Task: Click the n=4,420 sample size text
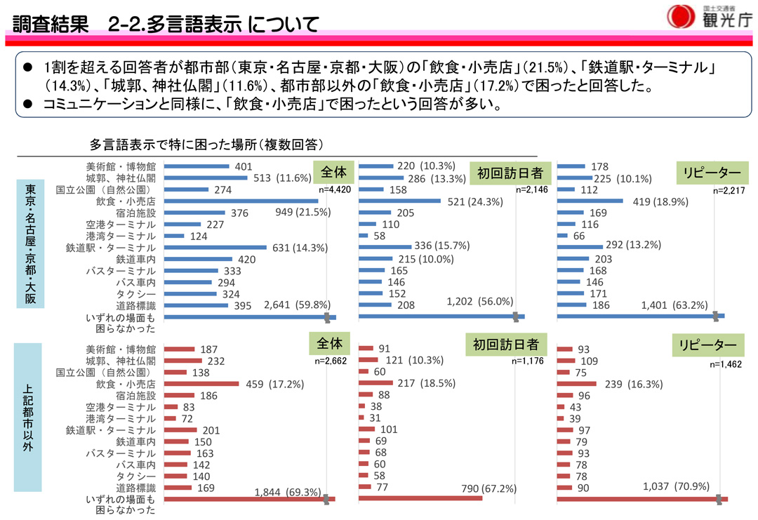[x=334, y=189]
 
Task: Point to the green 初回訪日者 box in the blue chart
[x=511, y=173]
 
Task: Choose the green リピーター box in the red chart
[x=707, y=345]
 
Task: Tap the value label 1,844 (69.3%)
[x=289, y=492]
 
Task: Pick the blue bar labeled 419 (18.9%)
[x=590, y=201]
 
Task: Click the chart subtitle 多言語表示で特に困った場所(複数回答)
[x=206, y=145]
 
